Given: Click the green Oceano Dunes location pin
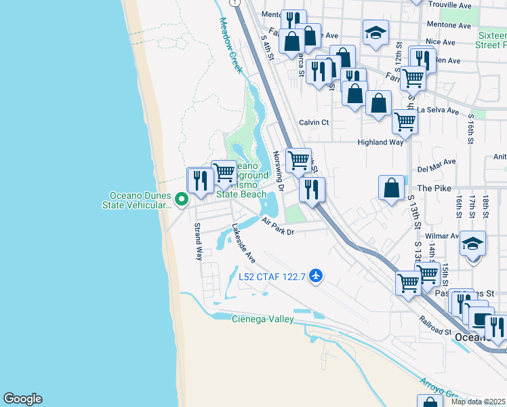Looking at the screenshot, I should coord(181,199).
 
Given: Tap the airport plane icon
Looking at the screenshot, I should coord(315,276).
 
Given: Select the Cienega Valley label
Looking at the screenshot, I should coord(263,319).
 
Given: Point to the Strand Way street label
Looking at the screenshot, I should coord(199,241).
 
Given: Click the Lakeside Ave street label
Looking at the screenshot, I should coord(243,244).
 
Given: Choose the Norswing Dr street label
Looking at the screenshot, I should coord(277,167).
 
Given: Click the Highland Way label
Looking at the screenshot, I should coord(381,142).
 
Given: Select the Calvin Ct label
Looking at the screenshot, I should coord(314,123).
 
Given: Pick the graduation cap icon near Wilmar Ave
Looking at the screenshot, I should coord(473,246).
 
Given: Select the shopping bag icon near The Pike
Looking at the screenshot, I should coord(392,188).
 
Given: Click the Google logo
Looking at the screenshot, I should coord(22,399).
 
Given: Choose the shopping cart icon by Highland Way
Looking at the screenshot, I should coord(405,122).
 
